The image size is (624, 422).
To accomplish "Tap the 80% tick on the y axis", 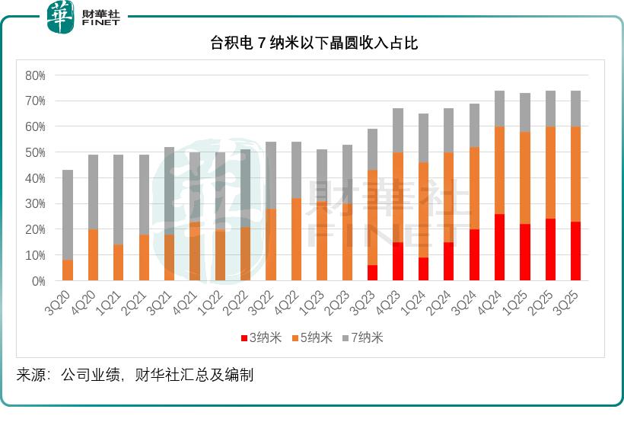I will pos(36,75).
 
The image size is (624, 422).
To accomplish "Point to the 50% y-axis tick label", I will pos(36,152).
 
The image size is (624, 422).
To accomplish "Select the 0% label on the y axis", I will pos(38,281).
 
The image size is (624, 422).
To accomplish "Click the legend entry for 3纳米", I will pos(260,338).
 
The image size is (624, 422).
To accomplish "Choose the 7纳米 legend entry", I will pos(363,338).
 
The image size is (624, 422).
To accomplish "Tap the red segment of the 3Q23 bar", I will pos(372,273).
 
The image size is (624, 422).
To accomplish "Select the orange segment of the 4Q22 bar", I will pos(296,240).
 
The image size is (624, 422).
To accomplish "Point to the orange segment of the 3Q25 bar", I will pos(575,174).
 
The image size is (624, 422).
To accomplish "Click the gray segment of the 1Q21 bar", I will pos(119,200).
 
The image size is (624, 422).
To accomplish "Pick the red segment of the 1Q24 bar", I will pos(423,269).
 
